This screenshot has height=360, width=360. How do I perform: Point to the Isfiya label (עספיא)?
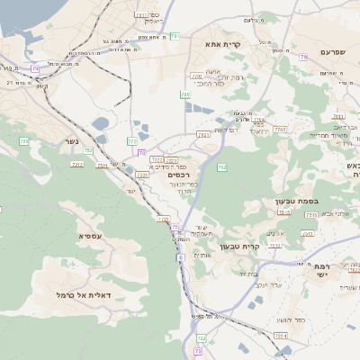click(88, 236)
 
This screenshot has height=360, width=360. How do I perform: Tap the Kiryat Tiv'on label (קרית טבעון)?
click(264, 245)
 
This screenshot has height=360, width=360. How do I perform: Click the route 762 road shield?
click(221, 166)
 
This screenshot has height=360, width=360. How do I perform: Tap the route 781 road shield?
click(175, 36)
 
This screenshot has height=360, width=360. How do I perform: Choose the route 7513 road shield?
click(284, 212)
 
